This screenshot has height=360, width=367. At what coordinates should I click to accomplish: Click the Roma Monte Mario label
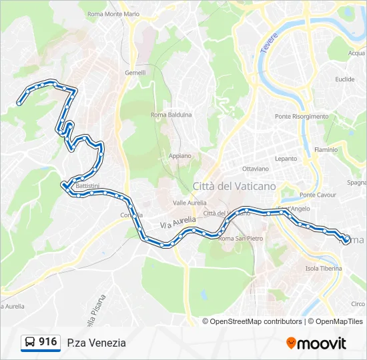click(x=113, y=13)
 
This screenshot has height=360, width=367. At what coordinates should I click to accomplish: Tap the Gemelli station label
click(x=135, y=73)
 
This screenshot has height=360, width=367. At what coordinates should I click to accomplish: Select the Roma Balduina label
click(x=171, y=115)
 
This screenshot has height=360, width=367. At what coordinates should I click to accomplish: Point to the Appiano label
click(x=179, y=156)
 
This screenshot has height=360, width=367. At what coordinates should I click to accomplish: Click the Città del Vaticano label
click(x=234, y=186)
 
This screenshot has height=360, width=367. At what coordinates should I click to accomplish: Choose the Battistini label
click(x=87, y=185)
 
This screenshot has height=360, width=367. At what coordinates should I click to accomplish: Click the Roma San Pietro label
click(x=241, y=238)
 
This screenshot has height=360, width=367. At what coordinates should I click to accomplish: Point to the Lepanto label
click(x=286, y=159)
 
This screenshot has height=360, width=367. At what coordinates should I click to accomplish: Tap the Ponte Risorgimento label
click(x=302, y=117)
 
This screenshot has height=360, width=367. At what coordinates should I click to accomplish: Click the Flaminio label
click(x=326, y=150)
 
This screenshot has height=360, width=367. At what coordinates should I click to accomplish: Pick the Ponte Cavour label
click(x=318, y=195)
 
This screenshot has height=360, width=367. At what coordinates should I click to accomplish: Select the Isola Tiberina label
click(x=323, y=269)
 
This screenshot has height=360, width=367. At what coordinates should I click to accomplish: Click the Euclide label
click(x=345, y=79)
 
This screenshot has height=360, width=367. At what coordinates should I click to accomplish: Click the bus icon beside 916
click(x=31, y=343)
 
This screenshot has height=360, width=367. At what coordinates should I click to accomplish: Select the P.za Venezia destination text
click(x=96, y=343)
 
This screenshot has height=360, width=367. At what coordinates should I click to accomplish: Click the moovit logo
click(x=316, y=343)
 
